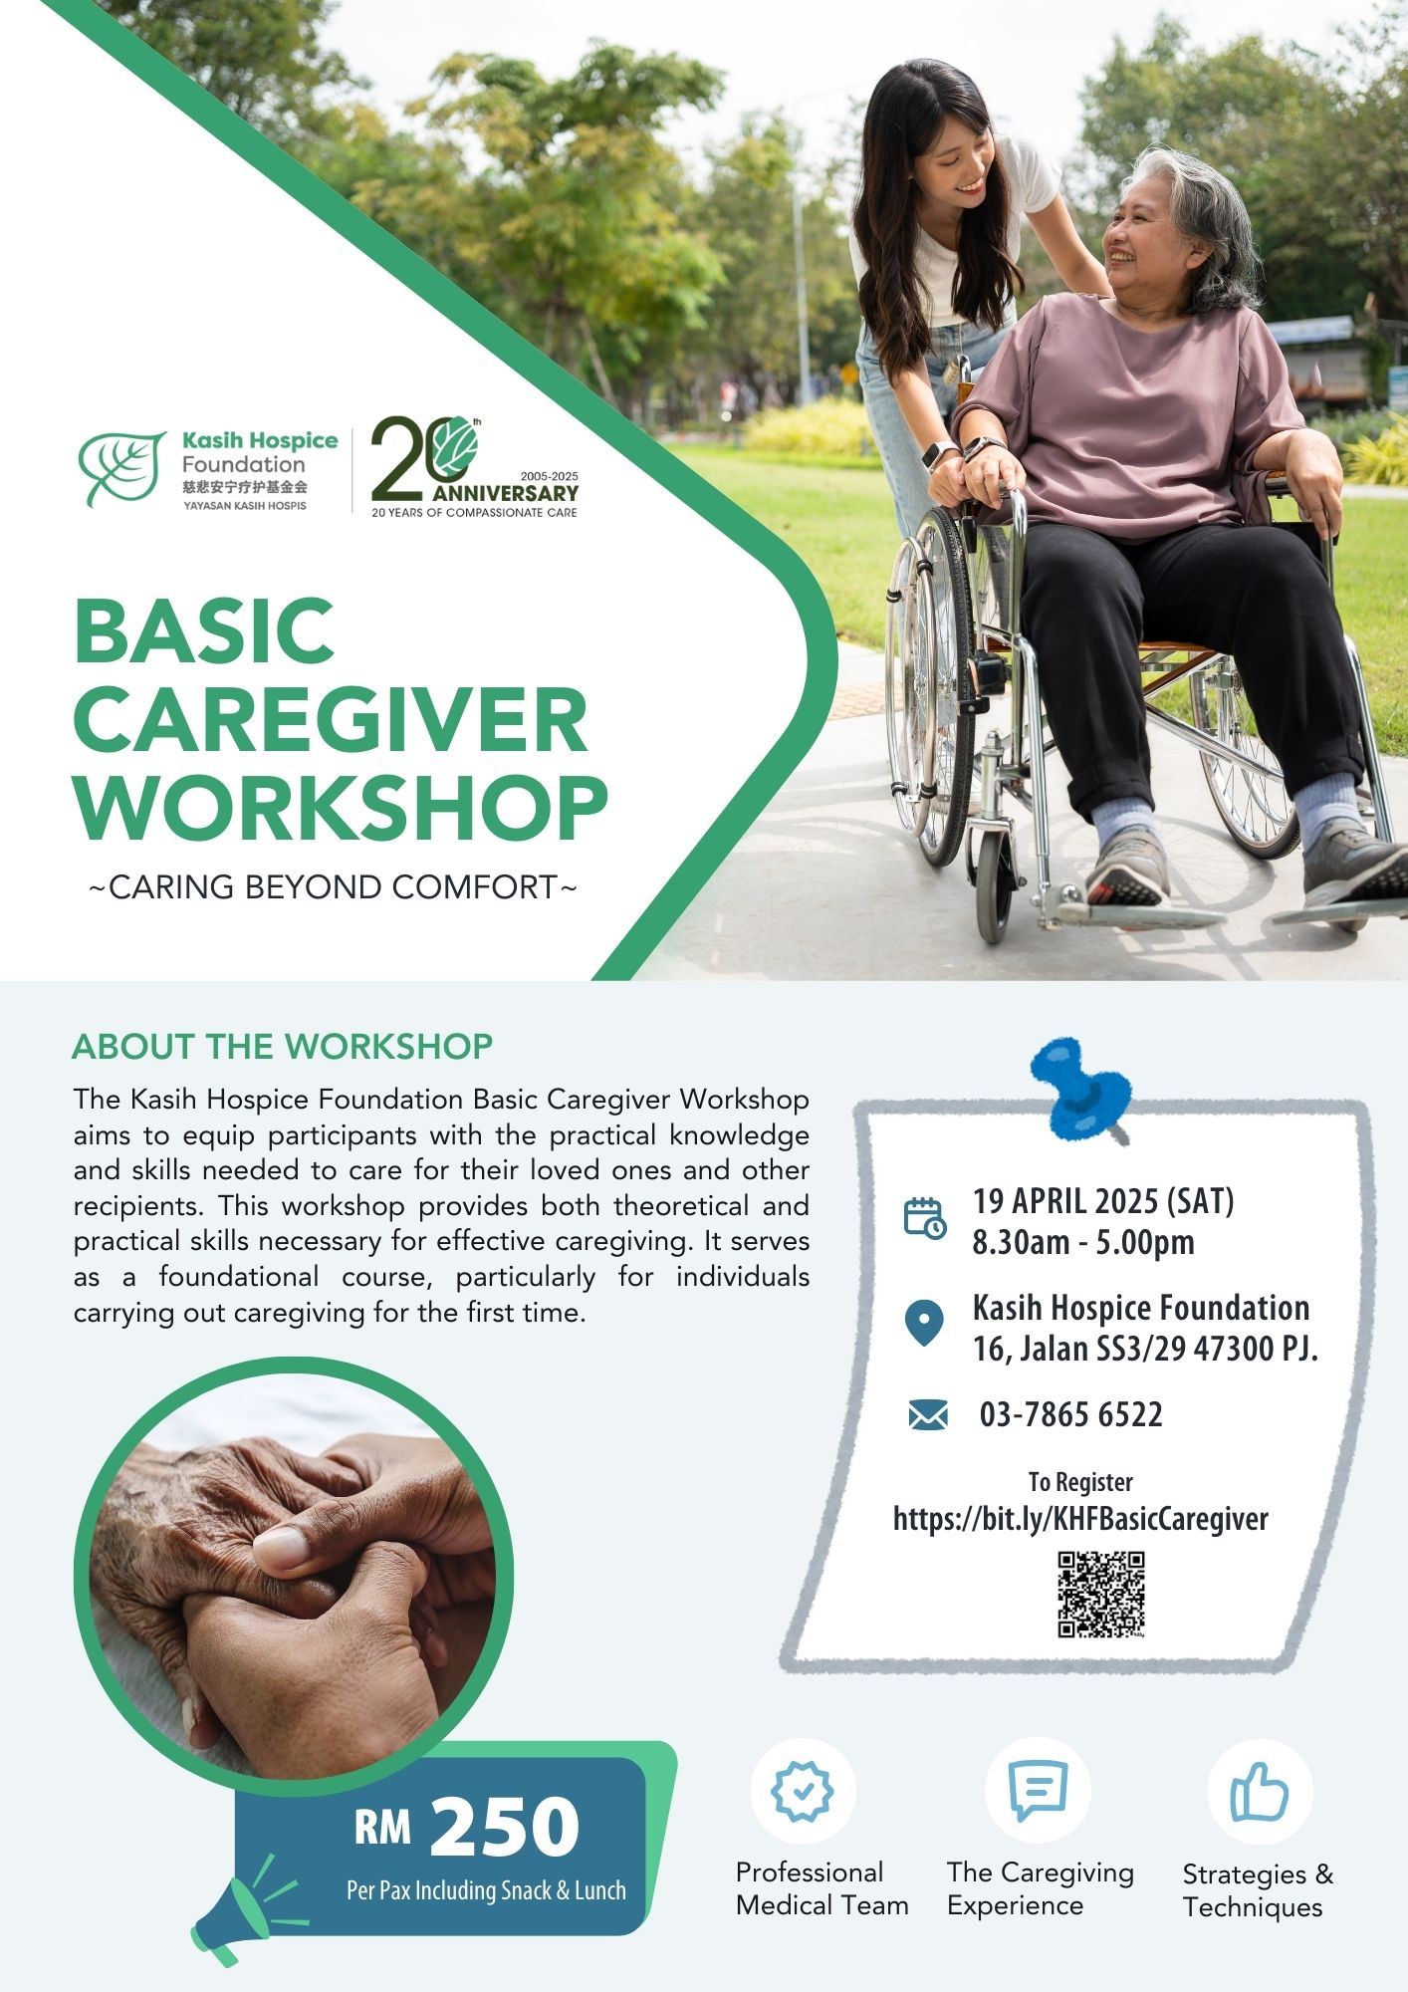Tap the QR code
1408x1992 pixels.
(x=1101, y=1594)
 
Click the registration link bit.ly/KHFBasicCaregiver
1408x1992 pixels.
(x=1080, y=1519)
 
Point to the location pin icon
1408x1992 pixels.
(x=924, y=1324)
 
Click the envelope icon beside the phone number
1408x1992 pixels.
(x=928, y=1414)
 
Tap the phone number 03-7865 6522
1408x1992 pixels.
(x=1070, y=1414)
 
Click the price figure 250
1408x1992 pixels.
(x=504, y=1826)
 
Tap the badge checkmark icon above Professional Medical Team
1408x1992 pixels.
(x=803, y=1791)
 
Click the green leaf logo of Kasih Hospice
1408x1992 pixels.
(x=122, y=467)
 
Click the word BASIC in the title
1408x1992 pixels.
(x=204, y=631)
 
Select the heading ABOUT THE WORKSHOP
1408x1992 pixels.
(x=283, y=1046)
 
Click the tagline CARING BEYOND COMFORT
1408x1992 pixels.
(x=333, y=886)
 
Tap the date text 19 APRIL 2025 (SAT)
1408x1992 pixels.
(x=1103, y=1201)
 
